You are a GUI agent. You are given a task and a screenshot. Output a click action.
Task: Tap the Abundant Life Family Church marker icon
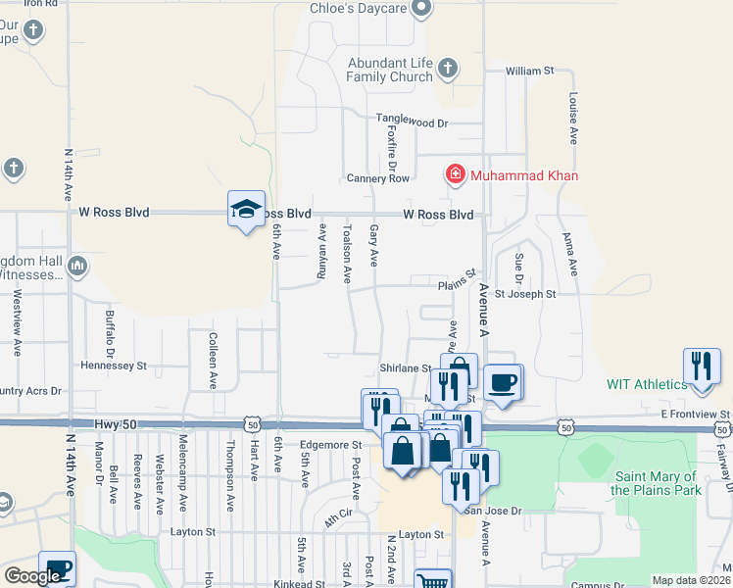(448, 68)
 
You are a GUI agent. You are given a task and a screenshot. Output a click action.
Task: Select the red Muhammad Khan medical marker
(455, 175)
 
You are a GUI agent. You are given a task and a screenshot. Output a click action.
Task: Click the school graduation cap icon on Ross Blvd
(246, 208)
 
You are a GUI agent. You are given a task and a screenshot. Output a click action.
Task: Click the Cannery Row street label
(378, 178)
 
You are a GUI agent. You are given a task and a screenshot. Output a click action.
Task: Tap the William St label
(529, 72)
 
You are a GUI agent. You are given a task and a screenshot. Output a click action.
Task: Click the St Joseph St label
(525, 293)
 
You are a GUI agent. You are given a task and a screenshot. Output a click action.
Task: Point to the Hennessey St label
(113, 366)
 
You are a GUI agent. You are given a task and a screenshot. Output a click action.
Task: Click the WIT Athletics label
(647, 384)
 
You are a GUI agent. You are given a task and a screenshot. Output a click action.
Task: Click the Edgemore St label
(330, 445)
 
